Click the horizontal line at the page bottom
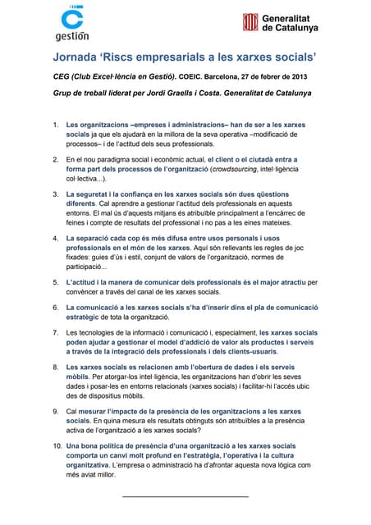[x=185, y=496]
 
